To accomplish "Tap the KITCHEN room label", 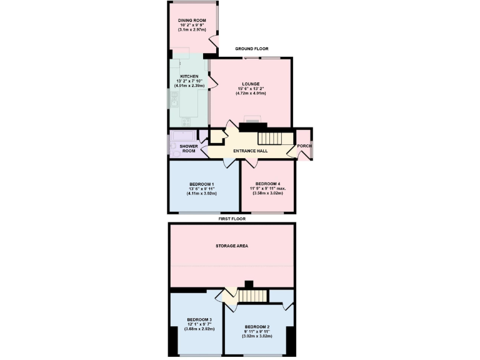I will point(189,76).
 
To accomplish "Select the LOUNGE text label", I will point(251,83).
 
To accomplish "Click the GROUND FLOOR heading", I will point(252,48).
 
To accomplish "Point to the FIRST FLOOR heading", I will point(232,219).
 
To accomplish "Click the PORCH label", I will point(304,146).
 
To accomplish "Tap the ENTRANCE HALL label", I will point(251,151).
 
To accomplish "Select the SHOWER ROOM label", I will point(188,148).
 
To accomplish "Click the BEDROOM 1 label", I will point(201,184).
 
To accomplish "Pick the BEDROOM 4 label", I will point(268,184).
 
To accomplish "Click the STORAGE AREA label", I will point(232,246).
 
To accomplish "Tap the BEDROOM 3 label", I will point(199,319).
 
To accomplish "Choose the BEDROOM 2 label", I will point(257,327).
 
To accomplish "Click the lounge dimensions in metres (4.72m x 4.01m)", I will point(251,94).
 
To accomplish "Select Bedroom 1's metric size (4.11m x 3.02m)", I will point(201,194).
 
